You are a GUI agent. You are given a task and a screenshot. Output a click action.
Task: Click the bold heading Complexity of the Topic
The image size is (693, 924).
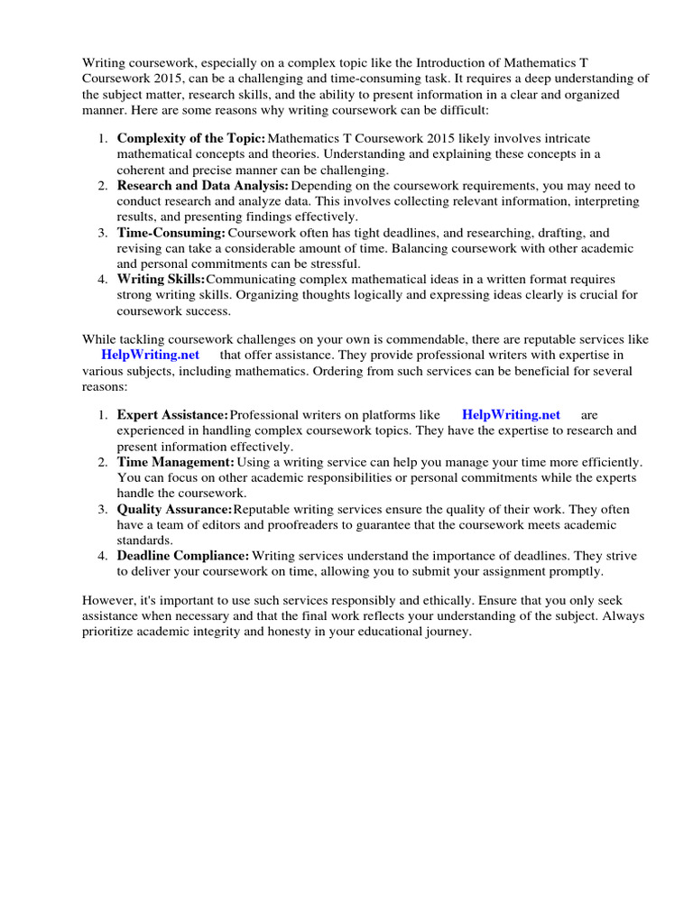191,138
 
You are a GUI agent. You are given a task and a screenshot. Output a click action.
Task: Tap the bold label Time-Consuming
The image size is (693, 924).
171,232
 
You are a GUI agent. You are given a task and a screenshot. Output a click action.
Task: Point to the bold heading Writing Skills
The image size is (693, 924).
162,279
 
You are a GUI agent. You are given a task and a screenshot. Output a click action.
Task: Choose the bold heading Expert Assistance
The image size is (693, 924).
172,414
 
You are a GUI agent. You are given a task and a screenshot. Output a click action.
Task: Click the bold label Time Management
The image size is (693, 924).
175,461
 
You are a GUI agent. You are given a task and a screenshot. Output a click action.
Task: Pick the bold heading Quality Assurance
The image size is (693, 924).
175,510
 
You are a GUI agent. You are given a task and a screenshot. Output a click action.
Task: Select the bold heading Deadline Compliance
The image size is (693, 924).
183,556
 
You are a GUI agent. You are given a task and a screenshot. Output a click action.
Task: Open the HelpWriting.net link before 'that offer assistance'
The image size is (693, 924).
150,355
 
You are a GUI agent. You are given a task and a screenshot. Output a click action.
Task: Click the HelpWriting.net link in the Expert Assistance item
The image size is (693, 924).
511,414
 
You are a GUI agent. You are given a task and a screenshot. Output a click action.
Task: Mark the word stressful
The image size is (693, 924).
331,263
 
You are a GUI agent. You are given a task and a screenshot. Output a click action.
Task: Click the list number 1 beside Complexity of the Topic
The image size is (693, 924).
103,138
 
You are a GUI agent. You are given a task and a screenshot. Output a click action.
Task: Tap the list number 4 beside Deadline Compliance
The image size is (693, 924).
103,556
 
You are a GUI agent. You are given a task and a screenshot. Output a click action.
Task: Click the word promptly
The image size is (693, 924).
575,571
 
